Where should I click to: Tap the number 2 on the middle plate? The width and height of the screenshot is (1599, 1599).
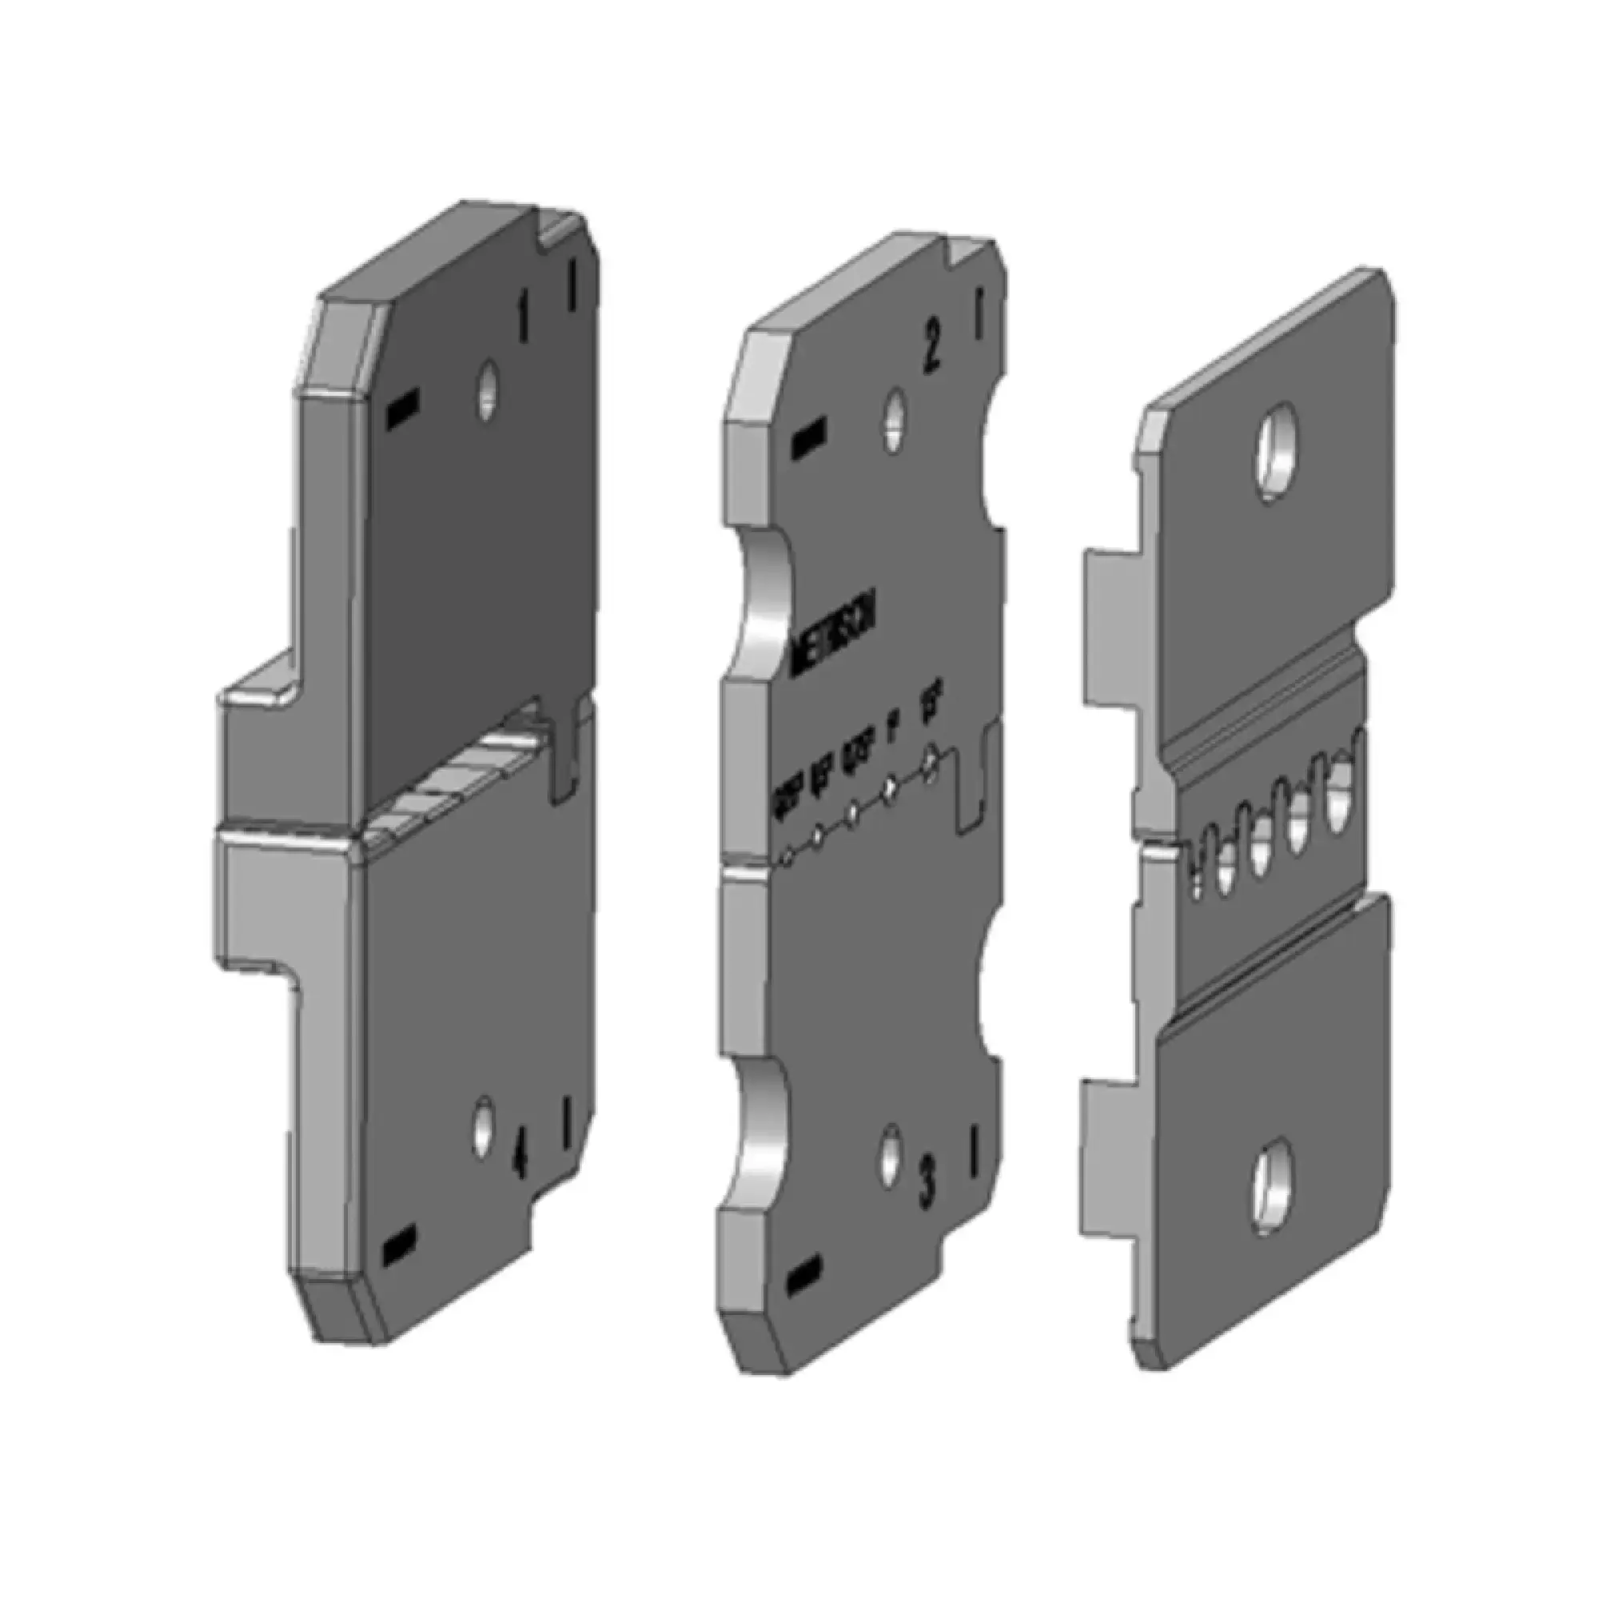coord(931,353)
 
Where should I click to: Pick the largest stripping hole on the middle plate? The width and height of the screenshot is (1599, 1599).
coord(931,760)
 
